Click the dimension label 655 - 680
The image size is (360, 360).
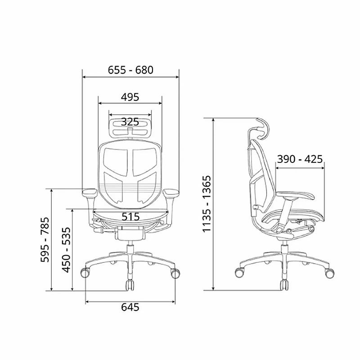pos(130,70)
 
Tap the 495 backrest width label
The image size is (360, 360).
pos(130,97)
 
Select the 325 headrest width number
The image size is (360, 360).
pos(130,121)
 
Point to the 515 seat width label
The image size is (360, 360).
pos(130,216)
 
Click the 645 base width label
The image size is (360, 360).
pos(130,307)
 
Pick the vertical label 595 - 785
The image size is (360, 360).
pos(45,239)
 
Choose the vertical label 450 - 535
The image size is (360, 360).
pos(66,250)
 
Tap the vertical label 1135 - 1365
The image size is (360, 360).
pos(207,204)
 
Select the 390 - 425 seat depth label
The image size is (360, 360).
pos(300,159)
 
